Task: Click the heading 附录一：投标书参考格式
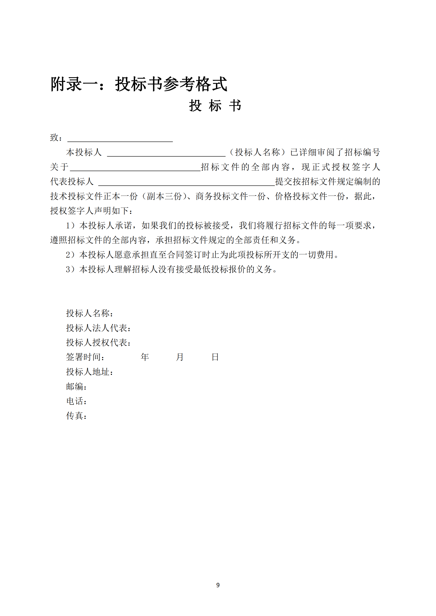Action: (x=139, y=84)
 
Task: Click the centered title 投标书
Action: (x=215, y=106)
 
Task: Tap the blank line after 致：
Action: (x=120, y=139)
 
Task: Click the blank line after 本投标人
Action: (x=166, y=153)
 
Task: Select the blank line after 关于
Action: (x=135, y=168)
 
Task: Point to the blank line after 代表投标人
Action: (x=186, y=183)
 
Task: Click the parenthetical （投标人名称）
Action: (x=257, y=152)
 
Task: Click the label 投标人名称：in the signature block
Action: (x=90, y=313)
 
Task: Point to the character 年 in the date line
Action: (x=145, y=357)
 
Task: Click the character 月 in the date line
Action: (x=180, y=357)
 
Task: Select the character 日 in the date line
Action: (x=215, y=357)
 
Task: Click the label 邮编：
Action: (x=77, y=387)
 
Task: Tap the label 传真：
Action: (x=77, y=416)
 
